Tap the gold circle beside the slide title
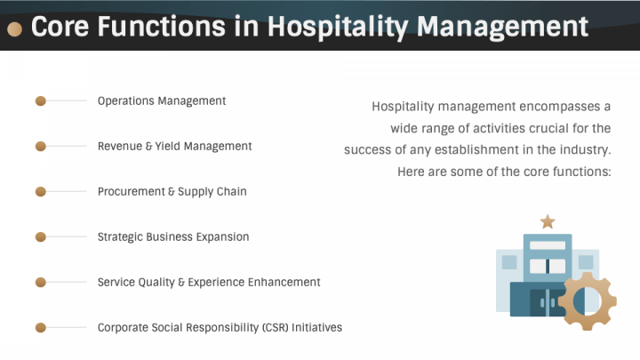pos(14,29)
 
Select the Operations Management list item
pos(162,101)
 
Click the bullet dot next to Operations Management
pos(40,101)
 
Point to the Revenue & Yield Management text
pos(174,147)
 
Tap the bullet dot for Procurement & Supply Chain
pos(40,192)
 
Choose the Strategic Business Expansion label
pos(173,237)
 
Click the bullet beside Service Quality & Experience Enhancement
pos(40,283)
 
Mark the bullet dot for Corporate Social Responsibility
pos(40,328)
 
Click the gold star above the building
pos(548,221)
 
